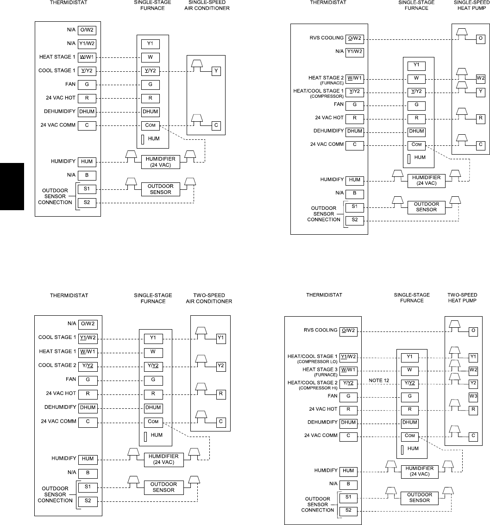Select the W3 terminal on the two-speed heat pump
[x=473, y=396]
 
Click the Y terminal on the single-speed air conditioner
[x=216, y=71]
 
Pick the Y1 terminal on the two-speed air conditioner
[x=221, y=337]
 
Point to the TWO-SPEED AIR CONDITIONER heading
[x=211, y=298]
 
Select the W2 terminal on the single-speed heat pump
[x=481, y=78]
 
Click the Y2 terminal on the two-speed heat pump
[x=473, y=383]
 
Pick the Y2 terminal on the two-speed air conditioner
[x=221, y=366]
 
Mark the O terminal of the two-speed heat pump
[x=473, y=331]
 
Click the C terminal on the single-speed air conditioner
[x=216, y=125]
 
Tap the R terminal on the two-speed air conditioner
[x=221, y=394]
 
